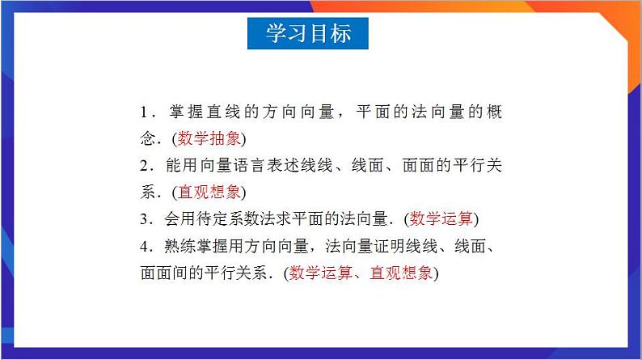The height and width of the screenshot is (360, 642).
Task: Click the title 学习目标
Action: (x=308, y=33)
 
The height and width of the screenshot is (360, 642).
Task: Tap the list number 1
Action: (x=143, y=111)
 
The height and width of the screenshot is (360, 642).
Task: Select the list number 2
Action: (x=143, y=165)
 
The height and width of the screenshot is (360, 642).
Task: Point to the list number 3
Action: (x=143, y=219)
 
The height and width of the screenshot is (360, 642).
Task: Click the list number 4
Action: (x=143, y=246)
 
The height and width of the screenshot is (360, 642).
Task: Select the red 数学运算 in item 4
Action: (x=320, y=273)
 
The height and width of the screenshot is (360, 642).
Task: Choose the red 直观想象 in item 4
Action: (x=402, y=273)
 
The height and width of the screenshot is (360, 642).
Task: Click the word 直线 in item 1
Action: (x=218, y=111)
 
